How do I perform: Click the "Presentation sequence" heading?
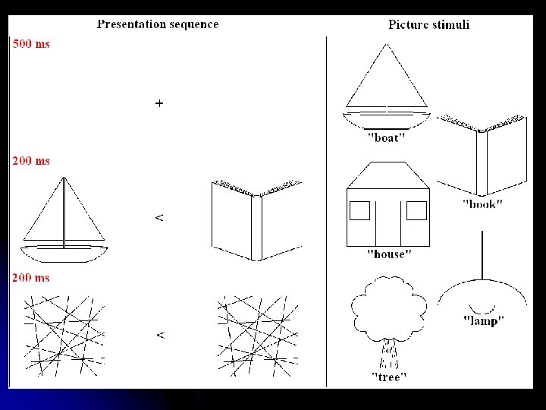click(158, 24)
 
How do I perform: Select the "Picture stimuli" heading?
click(428, 24)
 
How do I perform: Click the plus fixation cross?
click(159, 102)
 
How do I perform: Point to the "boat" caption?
click(385, 138)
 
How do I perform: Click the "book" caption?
click(482, 204)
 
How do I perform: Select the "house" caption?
click(385, 254)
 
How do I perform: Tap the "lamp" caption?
click(483, 320)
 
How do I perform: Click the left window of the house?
click(359, 210)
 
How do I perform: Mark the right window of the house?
click(417, 210)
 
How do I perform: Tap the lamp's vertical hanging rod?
click(483, 254)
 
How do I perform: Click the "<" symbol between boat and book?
click(158, 218)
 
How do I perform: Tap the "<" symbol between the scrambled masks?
click(159, 334)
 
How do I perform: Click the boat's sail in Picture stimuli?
click(387, 76)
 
